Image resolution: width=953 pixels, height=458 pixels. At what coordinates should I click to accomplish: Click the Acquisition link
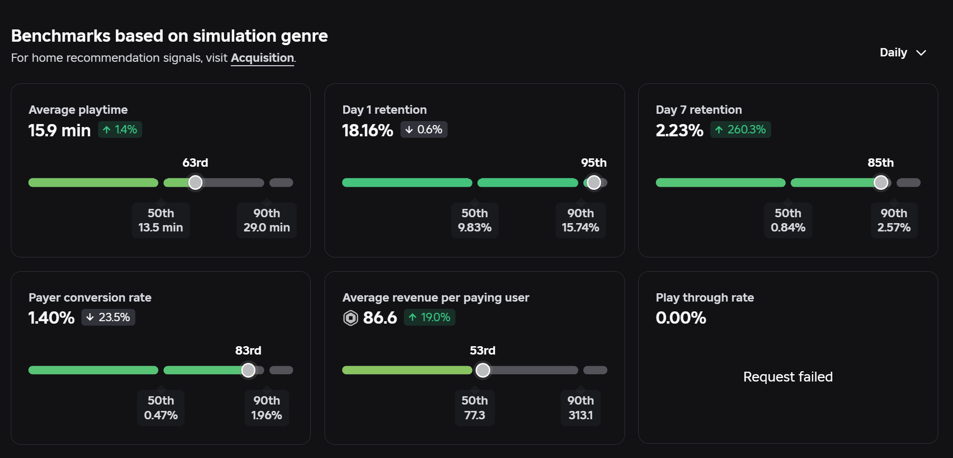click(x=262, y=58)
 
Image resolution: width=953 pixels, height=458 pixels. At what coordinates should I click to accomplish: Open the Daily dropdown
click(x=903, y=52)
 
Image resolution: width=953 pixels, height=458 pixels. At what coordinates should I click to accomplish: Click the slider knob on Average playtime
click(x=195, y=182)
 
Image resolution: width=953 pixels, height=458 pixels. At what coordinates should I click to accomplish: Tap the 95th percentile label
click(x=594, y=162)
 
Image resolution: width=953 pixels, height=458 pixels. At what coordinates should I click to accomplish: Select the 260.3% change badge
click(x=740, y=129)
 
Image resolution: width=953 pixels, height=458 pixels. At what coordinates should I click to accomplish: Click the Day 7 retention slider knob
click(x=881, y=182)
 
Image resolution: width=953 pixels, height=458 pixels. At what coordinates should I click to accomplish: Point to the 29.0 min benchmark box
click(x=267, y=220)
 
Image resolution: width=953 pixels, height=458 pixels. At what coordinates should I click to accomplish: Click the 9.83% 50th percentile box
click(x=475, y=220)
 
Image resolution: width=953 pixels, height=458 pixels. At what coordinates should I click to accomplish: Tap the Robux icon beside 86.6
click(x=351, y=318)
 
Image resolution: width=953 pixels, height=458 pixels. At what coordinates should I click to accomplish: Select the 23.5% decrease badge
click(x=108, y=317)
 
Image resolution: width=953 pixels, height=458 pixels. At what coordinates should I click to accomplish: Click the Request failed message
click(x=788, y=377)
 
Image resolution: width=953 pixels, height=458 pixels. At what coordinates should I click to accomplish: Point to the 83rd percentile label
click(x=248, y=350)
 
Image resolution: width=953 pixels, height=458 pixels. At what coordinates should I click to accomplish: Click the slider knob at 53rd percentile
click(x=483, y=370)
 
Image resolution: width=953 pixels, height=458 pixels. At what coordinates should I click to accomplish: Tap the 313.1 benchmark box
click(x=580, y=408)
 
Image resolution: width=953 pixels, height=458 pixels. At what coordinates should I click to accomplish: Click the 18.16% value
click(x=368, y=130)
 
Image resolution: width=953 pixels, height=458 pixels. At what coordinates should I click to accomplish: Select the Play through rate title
click(x=705, y=298)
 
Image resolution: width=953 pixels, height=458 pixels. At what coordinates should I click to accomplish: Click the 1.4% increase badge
click(x=120, y=129)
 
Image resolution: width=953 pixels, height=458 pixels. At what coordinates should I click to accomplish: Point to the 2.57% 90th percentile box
click(x=894, y=220)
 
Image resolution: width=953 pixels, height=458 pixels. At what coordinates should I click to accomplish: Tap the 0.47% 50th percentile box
click(x=161, y=408)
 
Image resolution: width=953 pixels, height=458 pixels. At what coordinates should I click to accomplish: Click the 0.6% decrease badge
click(x=424, y=129)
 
